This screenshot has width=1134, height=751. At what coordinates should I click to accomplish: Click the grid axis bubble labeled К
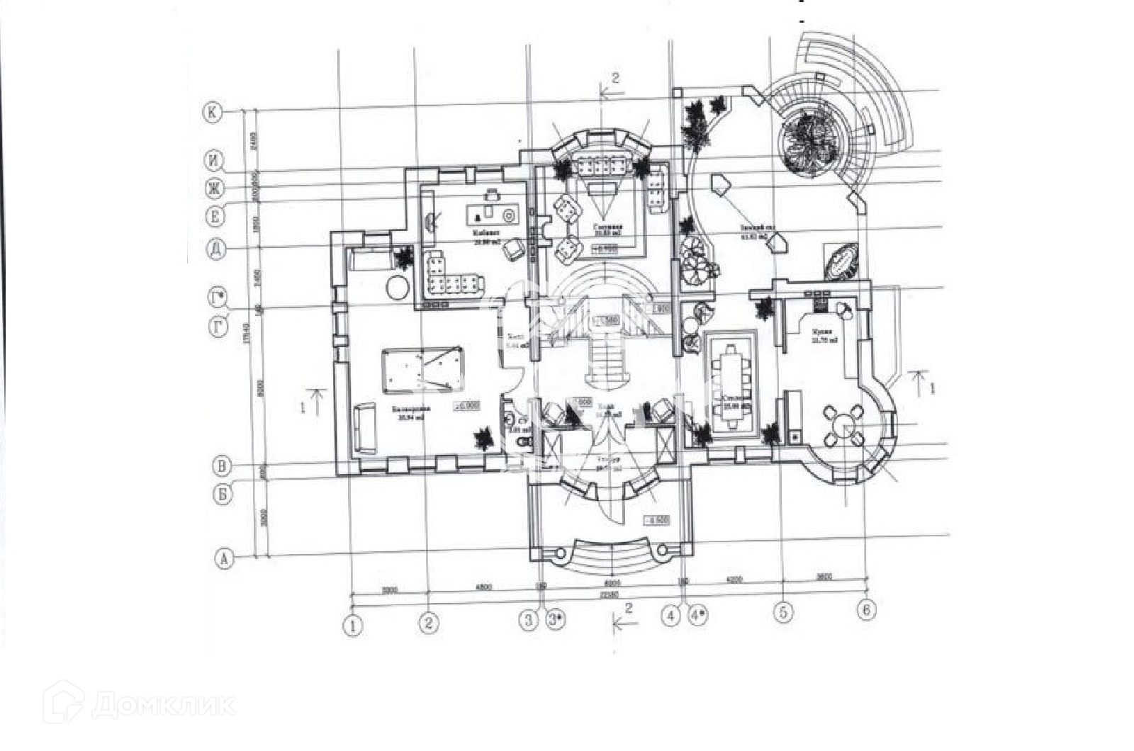point(212,112)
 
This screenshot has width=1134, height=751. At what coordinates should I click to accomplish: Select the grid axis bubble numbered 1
point(353,626)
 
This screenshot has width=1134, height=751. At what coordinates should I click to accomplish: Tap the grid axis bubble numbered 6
point(865,609)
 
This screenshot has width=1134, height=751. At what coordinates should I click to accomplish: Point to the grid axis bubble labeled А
point(224,558)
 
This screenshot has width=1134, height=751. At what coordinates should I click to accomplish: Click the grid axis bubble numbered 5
point(782,611)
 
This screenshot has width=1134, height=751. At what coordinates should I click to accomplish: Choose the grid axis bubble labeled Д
point(216,249)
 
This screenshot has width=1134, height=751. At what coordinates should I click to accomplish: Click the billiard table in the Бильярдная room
point(422,368)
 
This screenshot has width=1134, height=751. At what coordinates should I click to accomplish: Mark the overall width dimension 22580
point(609,595)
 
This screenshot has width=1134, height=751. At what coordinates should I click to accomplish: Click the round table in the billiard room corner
point(396,287)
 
